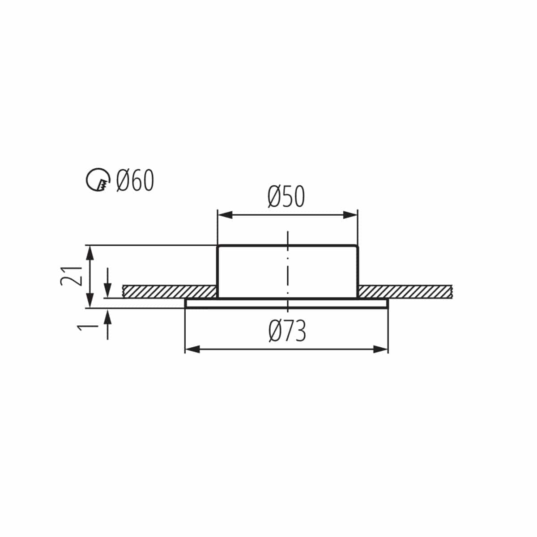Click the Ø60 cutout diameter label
[x=135, y=181]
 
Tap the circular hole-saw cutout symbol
[x=98, y=180]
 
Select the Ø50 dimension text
[x=286, y=197]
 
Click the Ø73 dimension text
[x=287, y=332]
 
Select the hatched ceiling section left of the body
[x=169, y=291]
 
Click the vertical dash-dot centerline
[x=288, y=268]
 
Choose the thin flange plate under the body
[x=286, y=304]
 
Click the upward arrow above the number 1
[x=107, y=319]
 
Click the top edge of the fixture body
[x=287, y=246]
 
